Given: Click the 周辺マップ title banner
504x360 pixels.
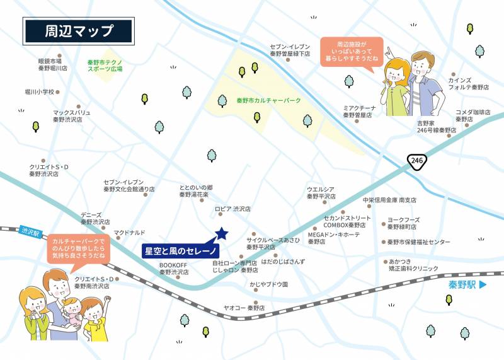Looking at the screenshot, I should [78, 31].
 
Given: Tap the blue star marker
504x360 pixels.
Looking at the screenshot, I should [221, 234].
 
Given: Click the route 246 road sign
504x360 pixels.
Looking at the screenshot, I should [416, 161].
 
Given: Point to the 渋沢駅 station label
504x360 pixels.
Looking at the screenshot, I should [29, 232].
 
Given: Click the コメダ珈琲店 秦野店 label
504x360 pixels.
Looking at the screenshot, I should [473, 115].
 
